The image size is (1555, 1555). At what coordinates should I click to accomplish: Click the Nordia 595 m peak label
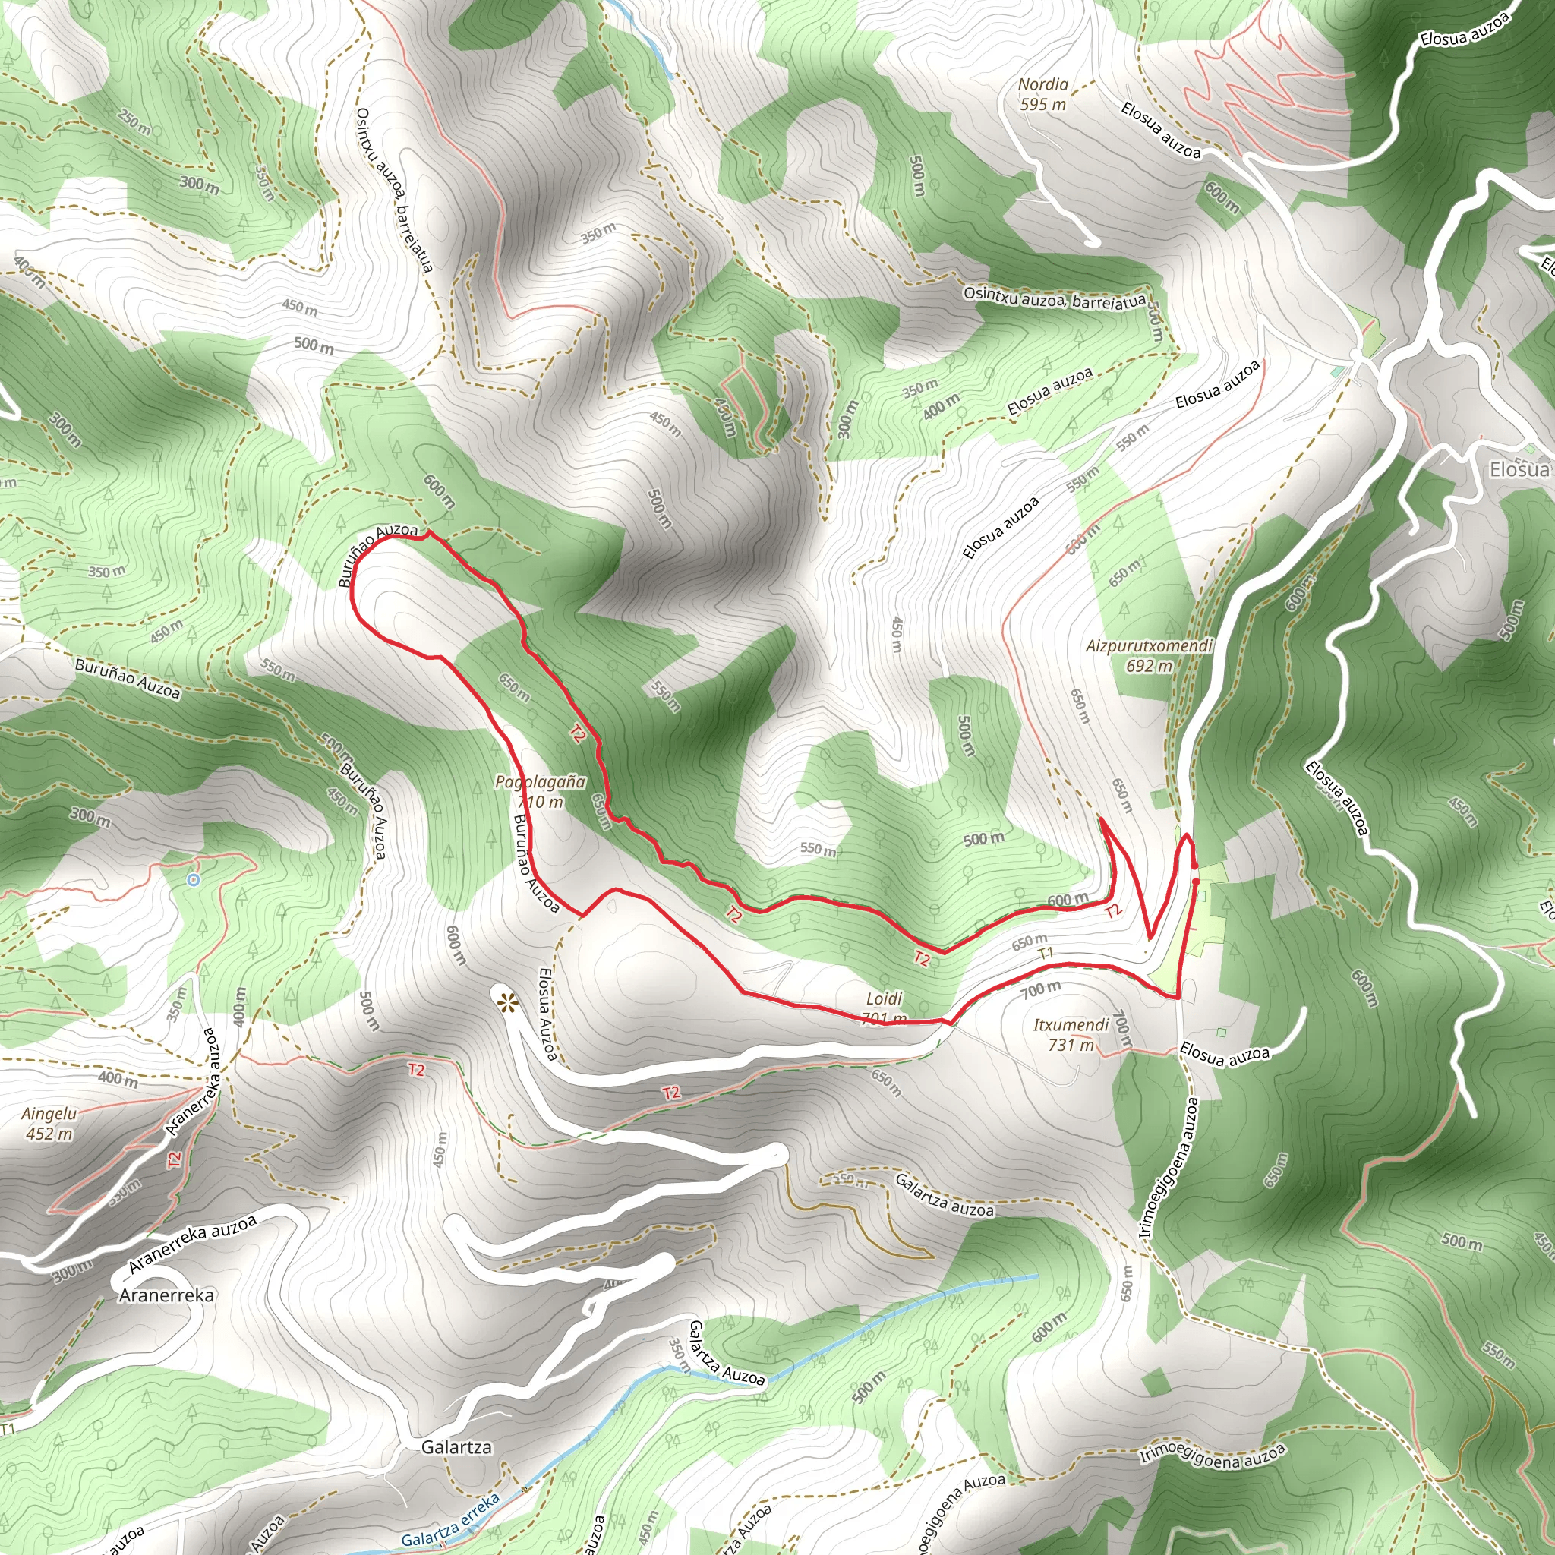[x=1043, y=94]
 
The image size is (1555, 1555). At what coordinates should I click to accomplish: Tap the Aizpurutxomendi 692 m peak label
[x=1149, y=655]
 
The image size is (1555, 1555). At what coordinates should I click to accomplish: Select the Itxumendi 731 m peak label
[x=1071, y=1034]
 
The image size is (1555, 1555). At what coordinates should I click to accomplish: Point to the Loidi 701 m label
[x=884, y=1008]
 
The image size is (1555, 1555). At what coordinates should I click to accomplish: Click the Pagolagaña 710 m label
[x=540, y=790]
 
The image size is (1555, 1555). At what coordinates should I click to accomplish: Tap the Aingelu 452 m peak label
[x=49, y=1124]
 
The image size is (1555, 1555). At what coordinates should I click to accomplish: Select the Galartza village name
[x=456, y=1447]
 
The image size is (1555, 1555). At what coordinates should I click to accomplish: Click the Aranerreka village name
[x=166, y=1295]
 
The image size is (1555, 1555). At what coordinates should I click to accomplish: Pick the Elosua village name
[x=1519, y=469]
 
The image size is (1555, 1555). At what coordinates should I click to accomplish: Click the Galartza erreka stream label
[x=450, y=1519]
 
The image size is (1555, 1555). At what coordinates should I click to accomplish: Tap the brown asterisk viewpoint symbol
[x=507, y=1003]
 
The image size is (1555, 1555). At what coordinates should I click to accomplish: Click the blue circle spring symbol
[x=193, y=880]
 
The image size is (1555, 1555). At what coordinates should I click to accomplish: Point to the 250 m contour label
[x=134, y=121]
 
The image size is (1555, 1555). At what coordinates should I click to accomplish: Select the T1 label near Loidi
[x=1045, y=954]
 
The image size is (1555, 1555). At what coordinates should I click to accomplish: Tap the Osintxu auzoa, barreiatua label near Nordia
[x=1055, y=298]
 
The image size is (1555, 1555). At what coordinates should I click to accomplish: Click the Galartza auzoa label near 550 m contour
[x=944, y=1196]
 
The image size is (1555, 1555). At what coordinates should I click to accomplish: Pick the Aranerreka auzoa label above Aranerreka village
[x=192, y=1244]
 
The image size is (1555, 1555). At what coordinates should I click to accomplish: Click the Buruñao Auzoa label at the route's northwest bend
[x=377, y=554]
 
